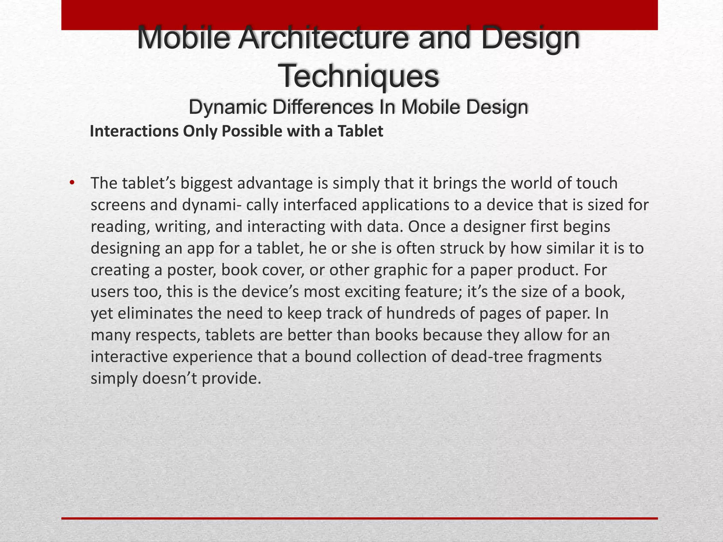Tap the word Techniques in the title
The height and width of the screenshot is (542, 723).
360,76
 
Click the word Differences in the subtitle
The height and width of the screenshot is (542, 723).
321,107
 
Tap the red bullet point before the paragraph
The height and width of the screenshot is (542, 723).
72,183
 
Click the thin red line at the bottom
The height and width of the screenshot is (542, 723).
359,518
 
